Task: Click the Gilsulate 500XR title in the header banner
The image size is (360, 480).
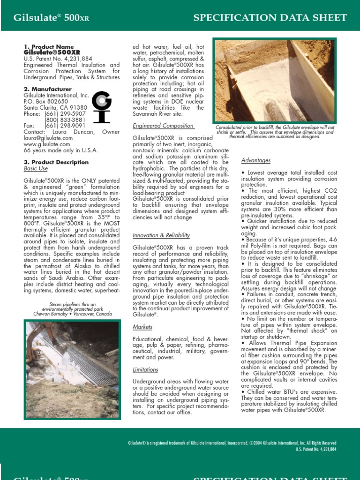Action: point(51,18)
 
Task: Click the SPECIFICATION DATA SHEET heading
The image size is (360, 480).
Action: point(270,18)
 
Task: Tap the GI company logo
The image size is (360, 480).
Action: point(101,106)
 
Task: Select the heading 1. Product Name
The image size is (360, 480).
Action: point(49,47)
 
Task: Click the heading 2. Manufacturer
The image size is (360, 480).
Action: point(48,89)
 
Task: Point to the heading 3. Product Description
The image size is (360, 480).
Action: point(56,162)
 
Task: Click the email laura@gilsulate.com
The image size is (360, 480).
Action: point(48,138)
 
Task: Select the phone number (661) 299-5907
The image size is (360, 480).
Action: point(65,114)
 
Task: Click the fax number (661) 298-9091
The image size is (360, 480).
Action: point(65,126)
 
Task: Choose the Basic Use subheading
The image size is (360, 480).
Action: point(36,168)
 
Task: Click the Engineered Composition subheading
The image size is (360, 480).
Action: point(163,126)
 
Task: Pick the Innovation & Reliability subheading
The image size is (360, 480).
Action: point(161,235)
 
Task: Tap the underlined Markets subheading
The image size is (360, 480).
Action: point(142,327)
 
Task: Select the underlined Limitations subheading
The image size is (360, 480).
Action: point(145,370)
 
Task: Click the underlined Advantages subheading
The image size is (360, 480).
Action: point(256,161)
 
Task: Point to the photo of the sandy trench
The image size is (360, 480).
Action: point(275,81)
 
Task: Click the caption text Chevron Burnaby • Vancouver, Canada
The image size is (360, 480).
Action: point(72,314)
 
